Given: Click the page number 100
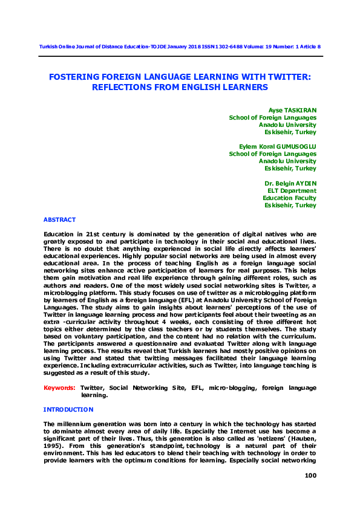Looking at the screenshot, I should tap(310, 476).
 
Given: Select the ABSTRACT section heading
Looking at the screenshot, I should tap(59, 219).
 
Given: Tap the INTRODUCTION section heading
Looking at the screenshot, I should tap(68, 409).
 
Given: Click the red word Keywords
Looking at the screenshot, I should tap(59, 387).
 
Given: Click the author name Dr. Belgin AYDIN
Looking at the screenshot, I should tap(290, 183).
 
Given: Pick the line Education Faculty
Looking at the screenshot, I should tap(289, 198).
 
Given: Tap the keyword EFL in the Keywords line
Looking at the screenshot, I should tap(192, 387).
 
